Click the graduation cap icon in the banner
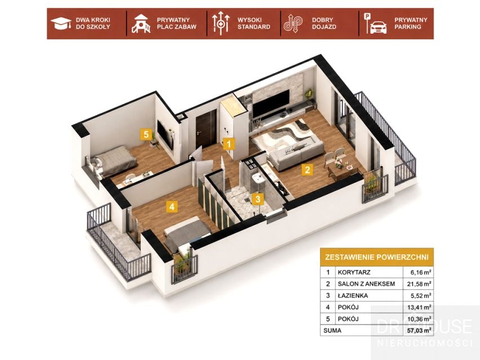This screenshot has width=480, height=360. point(61,24)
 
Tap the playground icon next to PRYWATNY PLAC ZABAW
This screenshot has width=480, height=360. point(141,24)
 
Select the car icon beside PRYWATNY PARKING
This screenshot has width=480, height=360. point(378,27)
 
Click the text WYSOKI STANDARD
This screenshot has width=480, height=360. point(254,23)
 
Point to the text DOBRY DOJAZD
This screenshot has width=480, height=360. point(324,23)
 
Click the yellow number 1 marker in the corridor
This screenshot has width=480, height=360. point(229,144)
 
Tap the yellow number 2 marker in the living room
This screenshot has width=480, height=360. point(307,169)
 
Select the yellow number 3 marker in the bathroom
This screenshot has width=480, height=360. point(258,199)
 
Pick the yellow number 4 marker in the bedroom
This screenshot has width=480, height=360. point(172,206)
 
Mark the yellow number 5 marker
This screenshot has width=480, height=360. point(146,134)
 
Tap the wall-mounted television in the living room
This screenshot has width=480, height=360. point(271,103)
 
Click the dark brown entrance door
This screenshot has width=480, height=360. point(206,129)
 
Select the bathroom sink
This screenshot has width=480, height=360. point(258,179)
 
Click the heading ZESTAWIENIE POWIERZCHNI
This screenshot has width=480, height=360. point(376,257)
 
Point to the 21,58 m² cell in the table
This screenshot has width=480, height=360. point(419,283)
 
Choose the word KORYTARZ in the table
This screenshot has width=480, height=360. point(354,272)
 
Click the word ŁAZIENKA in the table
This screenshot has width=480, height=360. point(353,295)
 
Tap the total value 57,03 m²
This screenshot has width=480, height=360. point(419,330)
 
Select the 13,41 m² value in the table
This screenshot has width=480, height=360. point(419,307)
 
